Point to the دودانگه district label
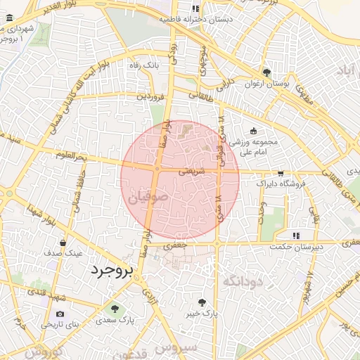click(241, 281)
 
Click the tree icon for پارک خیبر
click(202, 302)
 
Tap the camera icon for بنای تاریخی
click(60, 314)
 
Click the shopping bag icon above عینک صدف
click(64, 243)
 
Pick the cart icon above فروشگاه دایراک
click(281, 173)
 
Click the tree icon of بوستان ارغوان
click(266, 72)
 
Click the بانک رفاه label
click(144, 65)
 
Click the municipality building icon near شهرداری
click(7, 134)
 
